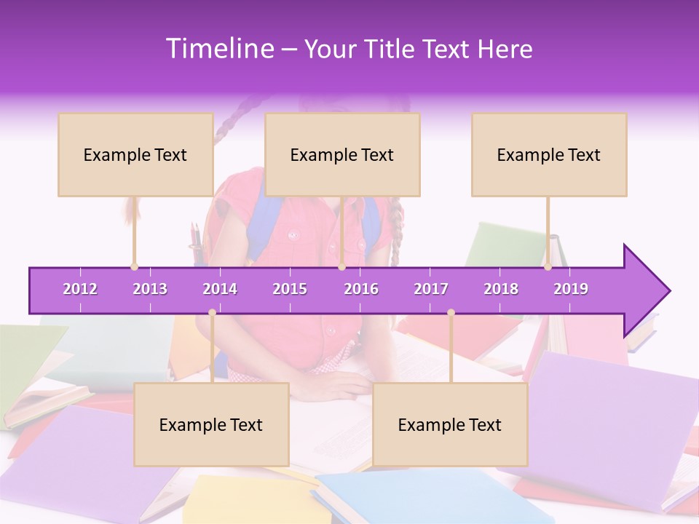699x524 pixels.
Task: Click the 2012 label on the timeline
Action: click(80, 289)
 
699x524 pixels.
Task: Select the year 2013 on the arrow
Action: click(150, 289)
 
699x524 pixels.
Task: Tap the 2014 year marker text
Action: click(220, 289)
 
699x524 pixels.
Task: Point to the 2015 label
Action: click(290, 289)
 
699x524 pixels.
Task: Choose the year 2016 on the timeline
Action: click(361, 289)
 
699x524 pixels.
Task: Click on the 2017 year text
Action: click(431, 289)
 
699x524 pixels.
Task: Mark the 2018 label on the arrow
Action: click(501, 289)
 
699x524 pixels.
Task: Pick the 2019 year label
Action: click(571, 289)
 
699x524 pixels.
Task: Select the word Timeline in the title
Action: click(218, 49)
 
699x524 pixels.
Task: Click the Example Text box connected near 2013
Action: click(135, 154)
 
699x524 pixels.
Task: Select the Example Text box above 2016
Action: click(342, 154)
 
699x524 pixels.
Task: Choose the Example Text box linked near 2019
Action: click(549, 154)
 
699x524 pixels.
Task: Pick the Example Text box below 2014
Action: click(211, 424)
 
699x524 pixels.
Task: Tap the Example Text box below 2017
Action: click(450, 424)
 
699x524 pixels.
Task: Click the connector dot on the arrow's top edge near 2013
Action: click(134, 267)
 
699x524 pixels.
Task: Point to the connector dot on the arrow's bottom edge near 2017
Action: click(451, 313)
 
